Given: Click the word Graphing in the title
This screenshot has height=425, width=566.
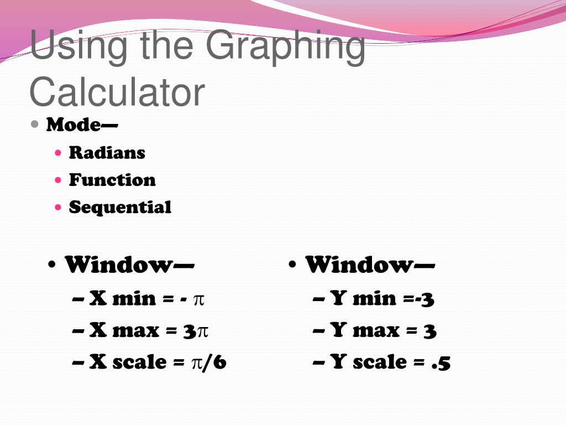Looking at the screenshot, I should point(287,47).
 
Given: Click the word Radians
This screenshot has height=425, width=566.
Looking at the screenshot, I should point(107,153).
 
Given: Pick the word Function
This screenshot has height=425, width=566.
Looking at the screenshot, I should point(112,180).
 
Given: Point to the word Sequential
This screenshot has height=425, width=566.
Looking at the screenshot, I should point(120,208).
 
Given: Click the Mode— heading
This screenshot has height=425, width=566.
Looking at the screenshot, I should point(82,125).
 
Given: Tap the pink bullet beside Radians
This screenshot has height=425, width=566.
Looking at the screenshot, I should point(59,152).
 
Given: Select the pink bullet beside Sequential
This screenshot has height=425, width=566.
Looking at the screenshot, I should point(59,208).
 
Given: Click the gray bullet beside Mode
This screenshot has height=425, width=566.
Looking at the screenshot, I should point(35,124).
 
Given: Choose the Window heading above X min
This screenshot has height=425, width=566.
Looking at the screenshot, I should point(129,265).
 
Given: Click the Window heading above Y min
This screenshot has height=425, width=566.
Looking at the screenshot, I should point(370,265).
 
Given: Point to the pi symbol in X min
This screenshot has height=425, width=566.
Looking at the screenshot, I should point(198,300).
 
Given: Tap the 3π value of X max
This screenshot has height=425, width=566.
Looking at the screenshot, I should point(196,331).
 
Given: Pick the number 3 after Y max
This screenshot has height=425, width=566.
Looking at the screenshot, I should point(430,331).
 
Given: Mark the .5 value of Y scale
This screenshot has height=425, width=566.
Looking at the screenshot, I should point(441,363).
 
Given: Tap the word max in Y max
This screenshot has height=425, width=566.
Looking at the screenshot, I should point(375,331).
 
